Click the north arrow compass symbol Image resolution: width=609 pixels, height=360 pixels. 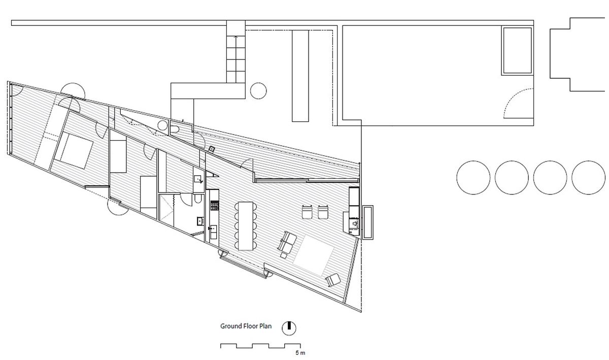coord(289,327)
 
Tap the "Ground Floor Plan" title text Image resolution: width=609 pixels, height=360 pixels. coord(246,326)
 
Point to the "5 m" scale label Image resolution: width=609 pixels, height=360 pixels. coord(300,352)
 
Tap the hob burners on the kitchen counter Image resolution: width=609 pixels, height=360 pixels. coord(213,206)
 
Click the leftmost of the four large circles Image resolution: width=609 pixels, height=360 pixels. coord(473,177)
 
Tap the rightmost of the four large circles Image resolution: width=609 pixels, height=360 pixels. coord(588,177)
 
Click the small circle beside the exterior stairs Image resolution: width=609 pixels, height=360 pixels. coord(258,90)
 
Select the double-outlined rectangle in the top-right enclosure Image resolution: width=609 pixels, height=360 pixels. coord(517,50)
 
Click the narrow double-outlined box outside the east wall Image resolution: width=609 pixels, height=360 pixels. coord(368,221)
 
